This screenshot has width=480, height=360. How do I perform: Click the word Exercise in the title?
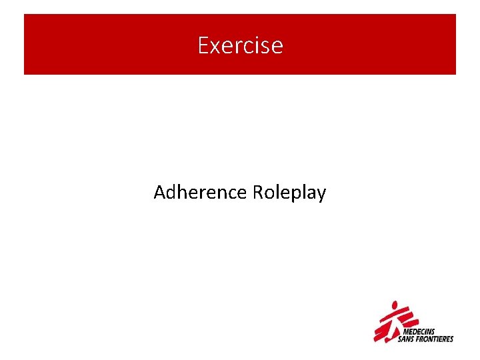tap(240, 46)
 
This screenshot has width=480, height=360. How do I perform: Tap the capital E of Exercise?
tap(203, 46)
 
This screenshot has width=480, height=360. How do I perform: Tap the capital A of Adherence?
tap(159, 193)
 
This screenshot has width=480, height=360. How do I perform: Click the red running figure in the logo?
tap(389, 321)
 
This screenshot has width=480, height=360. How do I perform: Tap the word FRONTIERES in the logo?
tap(435, 339)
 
